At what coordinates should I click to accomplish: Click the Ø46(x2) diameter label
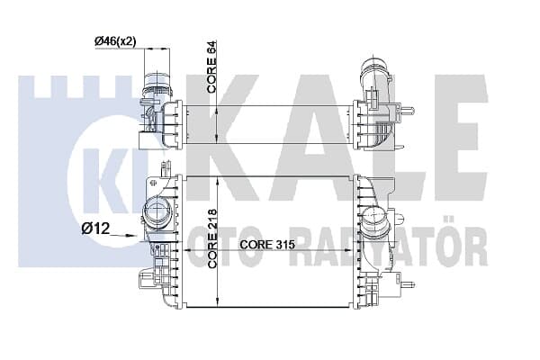115,41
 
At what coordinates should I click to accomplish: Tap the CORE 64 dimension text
211,67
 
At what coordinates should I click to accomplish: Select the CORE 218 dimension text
212,238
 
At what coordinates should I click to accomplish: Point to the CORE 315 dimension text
267,244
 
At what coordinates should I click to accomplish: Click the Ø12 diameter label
95,228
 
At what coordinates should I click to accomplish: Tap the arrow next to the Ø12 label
123,235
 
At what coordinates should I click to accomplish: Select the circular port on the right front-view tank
373,220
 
